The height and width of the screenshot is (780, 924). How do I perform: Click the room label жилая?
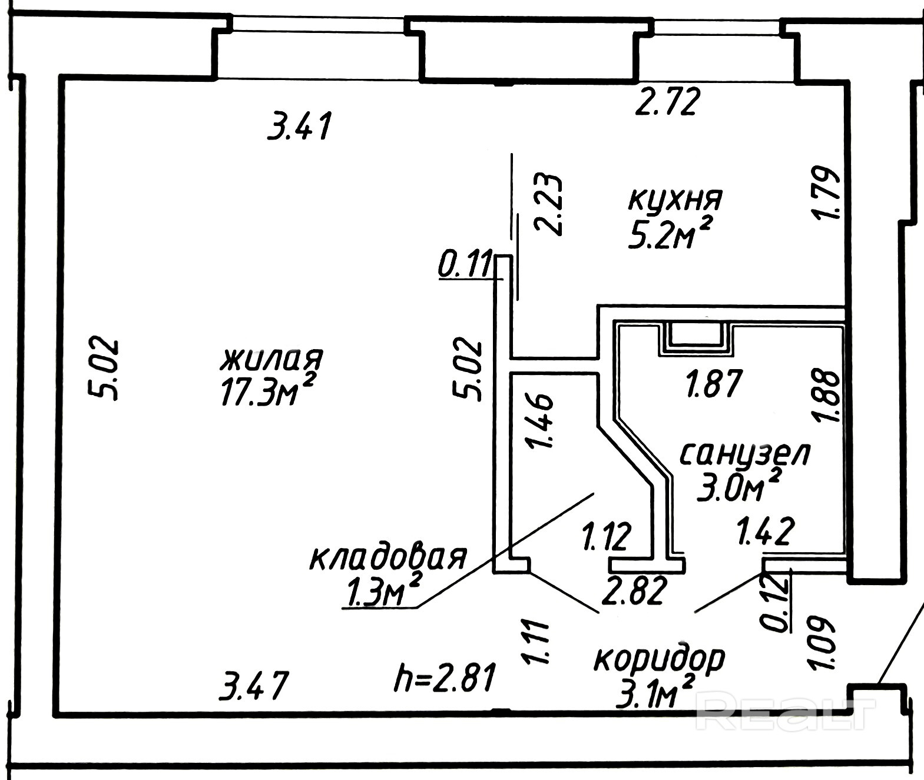(271, 359)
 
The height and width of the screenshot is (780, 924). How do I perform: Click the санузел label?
(746, 454)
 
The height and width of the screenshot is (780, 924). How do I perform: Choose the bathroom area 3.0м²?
(739, 486)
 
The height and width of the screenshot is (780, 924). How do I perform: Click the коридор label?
(659, 659)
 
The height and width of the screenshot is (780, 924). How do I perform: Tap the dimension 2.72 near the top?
(668, 102)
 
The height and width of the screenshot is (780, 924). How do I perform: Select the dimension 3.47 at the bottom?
(254, 686)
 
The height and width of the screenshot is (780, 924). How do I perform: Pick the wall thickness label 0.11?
(465, 264)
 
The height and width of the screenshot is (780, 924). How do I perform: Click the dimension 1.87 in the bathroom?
(714, 384)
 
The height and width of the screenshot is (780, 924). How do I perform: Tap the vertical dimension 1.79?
(824, 193)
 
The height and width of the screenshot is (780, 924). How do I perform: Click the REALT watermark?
(786, 711)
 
